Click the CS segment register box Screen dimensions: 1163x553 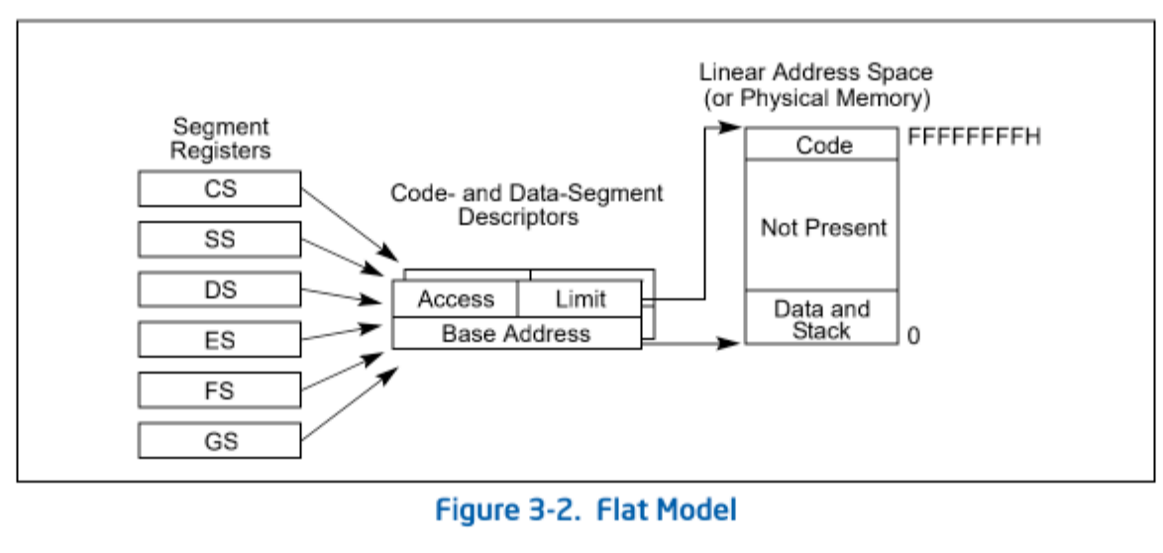point(220,188)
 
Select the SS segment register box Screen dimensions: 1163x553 point(220,239)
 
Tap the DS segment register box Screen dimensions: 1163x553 point(220,289)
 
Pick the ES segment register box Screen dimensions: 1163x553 point(220,340)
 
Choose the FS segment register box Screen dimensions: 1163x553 point(220,390)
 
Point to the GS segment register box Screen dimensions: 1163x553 point(220,441)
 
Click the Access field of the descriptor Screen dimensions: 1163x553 point(456,299)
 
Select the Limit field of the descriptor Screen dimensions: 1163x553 point(581,299)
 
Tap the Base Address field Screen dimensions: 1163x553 point(516,333)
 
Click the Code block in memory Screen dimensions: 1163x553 point(823,145)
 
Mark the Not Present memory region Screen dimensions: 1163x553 point(823,226)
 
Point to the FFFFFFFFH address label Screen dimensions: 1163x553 point(975,138)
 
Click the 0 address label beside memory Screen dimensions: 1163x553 point(913,336)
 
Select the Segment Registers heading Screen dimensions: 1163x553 point(221,138)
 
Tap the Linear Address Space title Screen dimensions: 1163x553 point(816,72)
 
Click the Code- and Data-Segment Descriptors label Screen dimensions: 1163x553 point(527,205)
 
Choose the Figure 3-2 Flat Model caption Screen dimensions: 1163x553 point(585,511)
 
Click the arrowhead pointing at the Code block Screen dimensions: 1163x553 point(730,128)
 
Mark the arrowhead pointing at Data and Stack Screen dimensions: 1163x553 point(730,343)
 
